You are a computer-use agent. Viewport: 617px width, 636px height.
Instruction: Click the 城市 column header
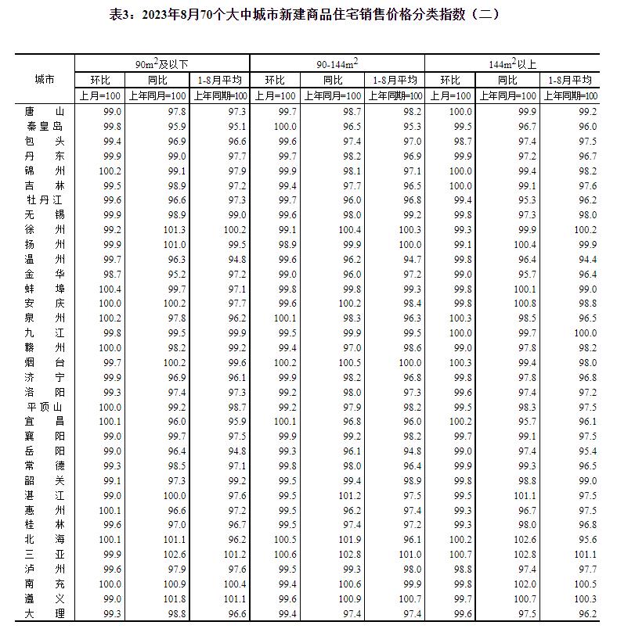coord(45,80)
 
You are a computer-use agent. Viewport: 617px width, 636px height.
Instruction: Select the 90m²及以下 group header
coord(161,64)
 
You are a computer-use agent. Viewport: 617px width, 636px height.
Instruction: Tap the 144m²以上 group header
coord(511,64)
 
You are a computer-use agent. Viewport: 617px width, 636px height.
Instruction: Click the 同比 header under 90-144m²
coord(333,80)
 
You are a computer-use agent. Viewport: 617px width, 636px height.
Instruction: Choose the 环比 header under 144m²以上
coord(450,80)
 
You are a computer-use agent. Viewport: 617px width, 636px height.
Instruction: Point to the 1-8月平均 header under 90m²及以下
coord(220,80)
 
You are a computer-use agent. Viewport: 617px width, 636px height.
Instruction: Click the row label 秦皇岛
coord(45,127)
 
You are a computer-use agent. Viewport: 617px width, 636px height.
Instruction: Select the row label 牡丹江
coord(45,200)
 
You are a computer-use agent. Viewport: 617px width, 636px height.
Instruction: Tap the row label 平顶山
coord(45,408)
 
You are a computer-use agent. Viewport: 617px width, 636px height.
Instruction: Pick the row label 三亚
coord(45,555)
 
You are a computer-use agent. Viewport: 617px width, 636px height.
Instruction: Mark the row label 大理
coord(45,614)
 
